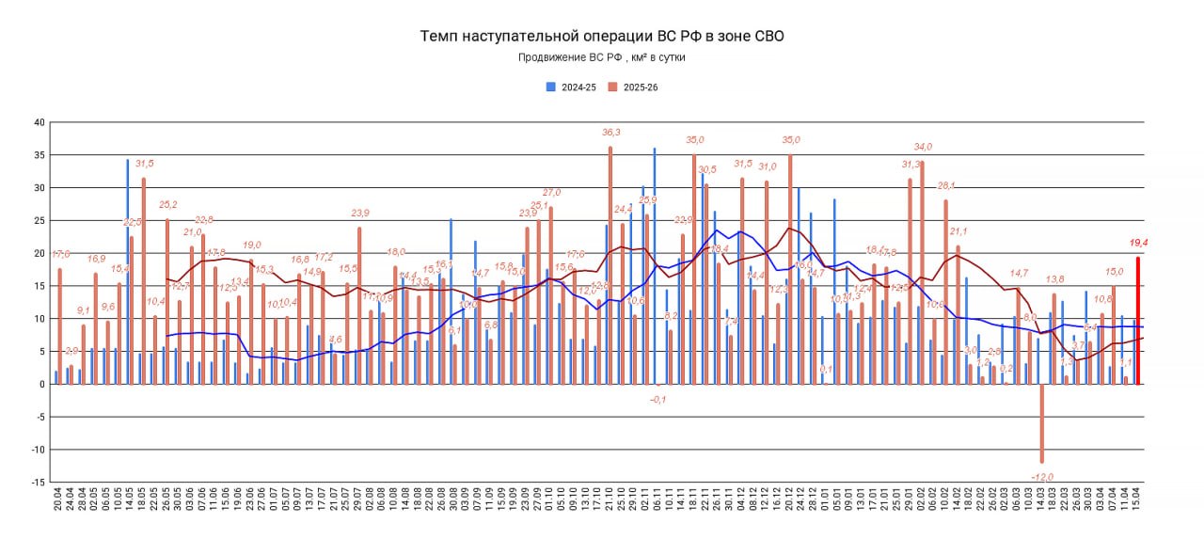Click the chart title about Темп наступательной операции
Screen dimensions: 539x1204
[601, 37]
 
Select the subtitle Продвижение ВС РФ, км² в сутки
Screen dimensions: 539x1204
[601, 57]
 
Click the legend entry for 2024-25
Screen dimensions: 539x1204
[571, 87]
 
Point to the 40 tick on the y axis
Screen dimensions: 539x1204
[39, 122]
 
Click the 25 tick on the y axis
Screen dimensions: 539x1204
[39, 220]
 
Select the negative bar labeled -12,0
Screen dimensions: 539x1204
[1042, 423]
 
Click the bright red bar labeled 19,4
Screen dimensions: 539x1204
[1138, 320]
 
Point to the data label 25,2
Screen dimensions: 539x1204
[168, 204]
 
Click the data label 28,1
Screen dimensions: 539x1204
[946, 185]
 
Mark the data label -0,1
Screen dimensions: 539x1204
[658, 400]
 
